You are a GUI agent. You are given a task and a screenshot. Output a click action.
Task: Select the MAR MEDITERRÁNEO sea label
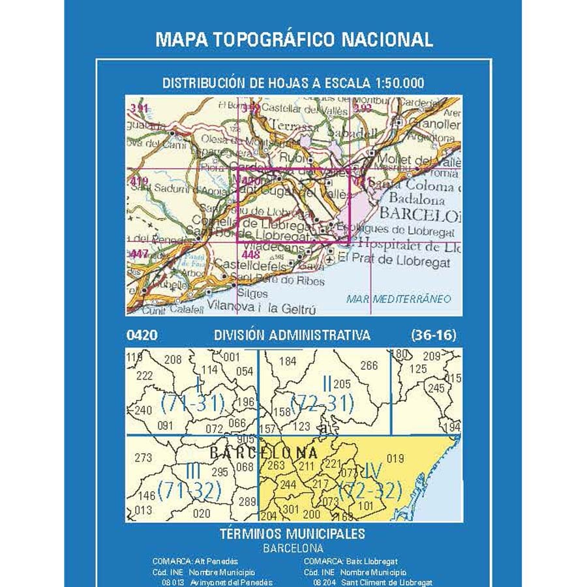(x=399, y=299)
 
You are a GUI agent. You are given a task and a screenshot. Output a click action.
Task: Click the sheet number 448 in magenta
(x=250, y=255)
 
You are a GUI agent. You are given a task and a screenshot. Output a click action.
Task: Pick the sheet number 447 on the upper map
(x=139, y=254)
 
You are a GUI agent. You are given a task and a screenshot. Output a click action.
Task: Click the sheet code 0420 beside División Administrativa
(x=142, y=336)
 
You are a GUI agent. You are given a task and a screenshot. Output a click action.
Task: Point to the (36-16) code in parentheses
(x=434, y=336)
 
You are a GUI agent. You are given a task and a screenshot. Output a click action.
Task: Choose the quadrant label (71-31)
(x=192, y=404)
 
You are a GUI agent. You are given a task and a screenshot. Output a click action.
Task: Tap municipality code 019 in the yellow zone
(x=396, y=458)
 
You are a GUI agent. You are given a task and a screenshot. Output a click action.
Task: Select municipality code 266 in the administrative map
(x=369, y=365)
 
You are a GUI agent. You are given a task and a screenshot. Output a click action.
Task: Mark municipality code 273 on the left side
(x=143, y=457)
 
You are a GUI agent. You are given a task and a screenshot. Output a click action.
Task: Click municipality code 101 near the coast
(x=366, y=505)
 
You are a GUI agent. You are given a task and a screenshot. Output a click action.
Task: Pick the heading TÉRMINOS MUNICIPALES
(x=292, y=534)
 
